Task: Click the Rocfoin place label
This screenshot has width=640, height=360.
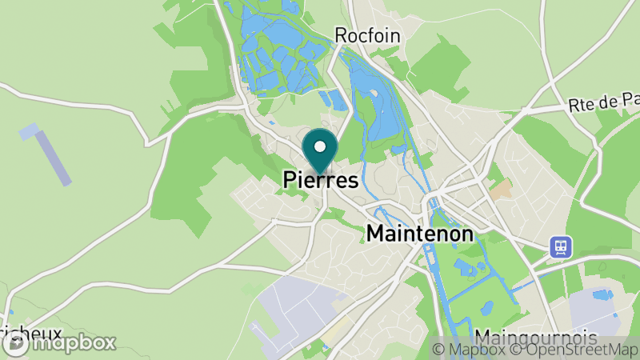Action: pyautogui.click(x=368, y=35)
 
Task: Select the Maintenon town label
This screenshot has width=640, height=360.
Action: pyautogui.click(x=420, y=234)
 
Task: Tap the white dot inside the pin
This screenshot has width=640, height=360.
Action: pyautogui.click(x=321, y=146)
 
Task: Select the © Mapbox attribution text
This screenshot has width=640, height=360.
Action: pyautogui.click(x=467, y=349)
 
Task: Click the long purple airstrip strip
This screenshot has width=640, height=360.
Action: pyautogui.click(x=55, y=158)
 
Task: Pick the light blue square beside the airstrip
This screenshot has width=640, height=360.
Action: pyautogui.click(x=29, y=130)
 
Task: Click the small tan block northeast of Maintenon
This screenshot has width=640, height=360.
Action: pyautogui.click(x=502, y=190)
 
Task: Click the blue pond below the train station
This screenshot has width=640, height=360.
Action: pyautogui.click(x=602, y=296)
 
